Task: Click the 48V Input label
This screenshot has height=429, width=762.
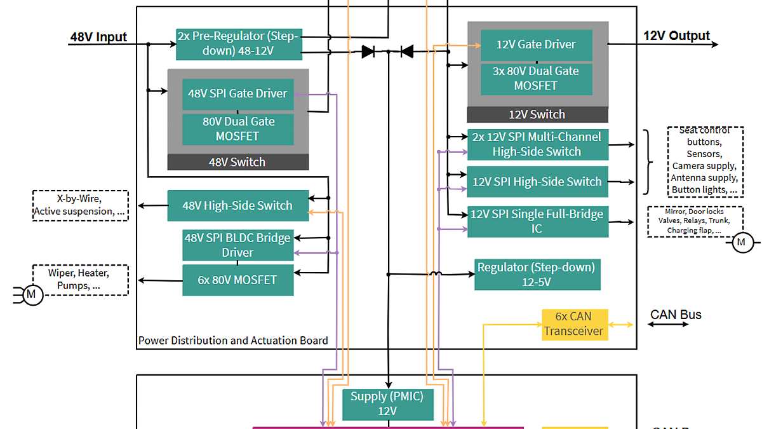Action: coord(98,37)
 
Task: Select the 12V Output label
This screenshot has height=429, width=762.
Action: coord(676,36)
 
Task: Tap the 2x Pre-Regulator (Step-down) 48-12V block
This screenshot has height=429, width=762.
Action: coord(237,44)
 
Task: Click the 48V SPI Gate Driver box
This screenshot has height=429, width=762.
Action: coord(237,93)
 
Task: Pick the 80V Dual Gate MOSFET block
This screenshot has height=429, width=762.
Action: coord(237,128)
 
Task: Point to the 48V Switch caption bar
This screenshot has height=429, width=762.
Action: coord(237,162)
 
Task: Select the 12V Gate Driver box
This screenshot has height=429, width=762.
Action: coord(537,44)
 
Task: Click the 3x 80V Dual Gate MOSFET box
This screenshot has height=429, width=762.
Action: coord(537,79)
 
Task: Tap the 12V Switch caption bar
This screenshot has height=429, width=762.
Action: coord(537,114)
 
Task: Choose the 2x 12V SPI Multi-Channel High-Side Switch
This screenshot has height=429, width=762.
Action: coord(537,144)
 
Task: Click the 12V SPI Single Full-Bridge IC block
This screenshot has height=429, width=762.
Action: coord(537,221)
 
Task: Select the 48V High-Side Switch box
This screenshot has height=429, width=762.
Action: coord(237,206)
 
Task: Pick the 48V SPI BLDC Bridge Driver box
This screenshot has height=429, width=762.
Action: coord(237,245)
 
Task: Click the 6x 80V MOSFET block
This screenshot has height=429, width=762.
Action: coord(237,280)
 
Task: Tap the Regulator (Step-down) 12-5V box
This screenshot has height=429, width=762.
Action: coord(537,275)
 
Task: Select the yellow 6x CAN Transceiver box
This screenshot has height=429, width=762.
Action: coord(575,324)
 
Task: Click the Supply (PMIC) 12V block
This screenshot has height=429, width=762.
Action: coord(387,404)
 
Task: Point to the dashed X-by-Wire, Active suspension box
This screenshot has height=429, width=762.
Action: coord(80,205)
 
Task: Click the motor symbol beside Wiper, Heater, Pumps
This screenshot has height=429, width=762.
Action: coord(32,295)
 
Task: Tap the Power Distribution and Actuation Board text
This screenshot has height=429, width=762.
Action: coord(233,341)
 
